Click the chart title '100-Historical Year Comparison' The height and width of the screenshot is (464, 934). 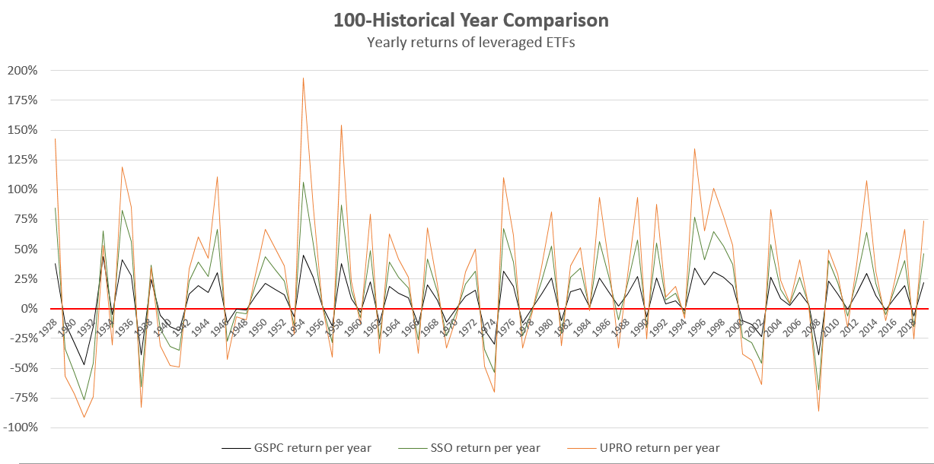[x=470, y=19]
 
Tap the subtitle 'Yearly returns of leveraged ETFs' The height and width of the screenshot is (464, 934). [x=470, y=43]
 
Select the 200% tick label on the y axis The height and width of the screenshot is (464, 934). [x=22, y=71]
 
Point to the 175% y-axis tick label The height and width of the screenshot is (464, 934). [x=22, y=100]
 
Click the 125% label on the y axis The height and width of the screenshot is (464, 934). [x=22, y=160]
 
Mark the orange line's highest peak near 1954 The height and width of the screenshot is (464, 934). [x=303, y=78]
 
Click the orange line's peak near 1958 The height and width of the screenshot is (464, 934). [x=341, y=125]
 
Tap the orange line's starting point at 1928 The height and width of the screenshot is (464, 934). [x=56, y=138]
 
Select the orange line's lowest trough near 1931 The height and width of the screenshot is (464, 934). [x=84, y=417]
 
